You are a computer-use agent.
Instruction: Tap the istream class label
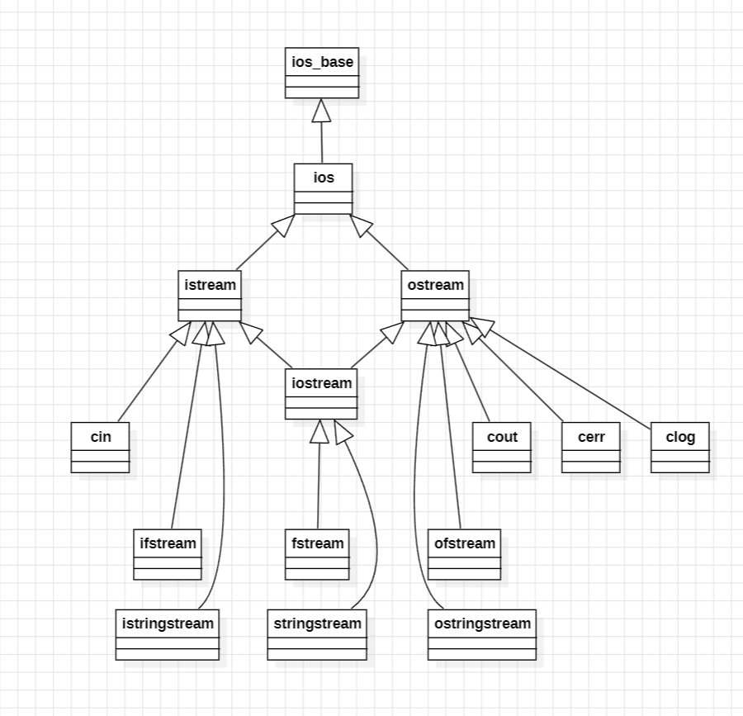(210, 285)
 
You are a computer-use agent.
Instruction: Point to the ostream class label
(435, 285)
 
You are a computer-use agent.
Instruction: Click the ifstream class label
(168, 543)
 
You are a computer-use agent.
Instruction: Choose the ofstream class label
(465, 543)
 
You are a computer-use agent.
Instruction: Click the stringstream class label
(317, 624)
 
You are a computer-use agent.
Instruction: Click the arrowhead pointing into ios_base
(322, 111)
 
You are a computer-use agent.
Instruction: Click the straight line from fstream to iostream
(319, 487)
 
